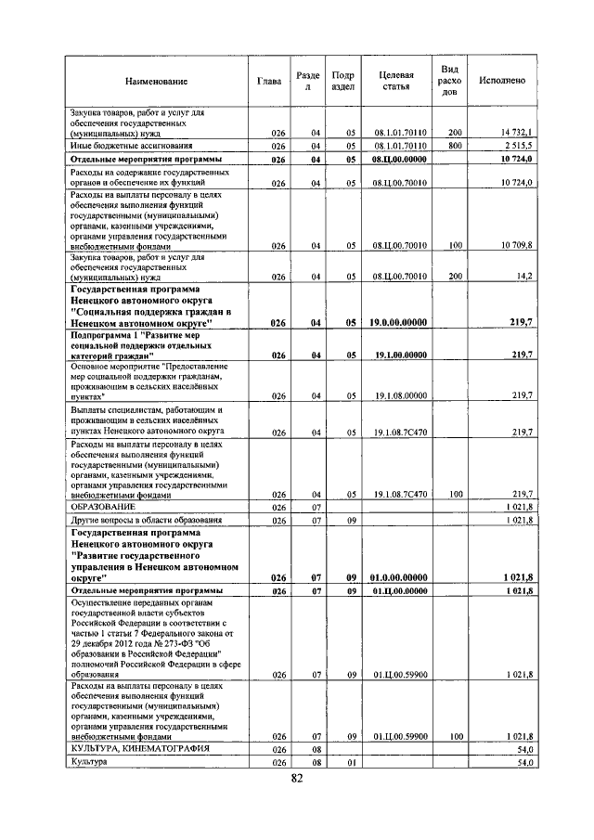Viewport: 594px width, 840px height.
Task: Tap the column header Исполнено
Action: (x=502, y=81)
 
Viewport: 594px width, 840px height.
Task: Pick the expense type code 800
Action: (x=454, y=146)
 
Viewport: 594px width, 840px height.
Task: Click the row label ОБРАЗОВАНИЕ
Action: (x=103, y=508)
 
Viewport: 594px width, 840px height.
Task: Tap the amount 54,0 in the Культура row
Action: (x=525, y=762)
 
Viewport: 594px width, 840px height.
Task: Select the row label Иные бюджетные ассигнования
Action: (x=131, y=146)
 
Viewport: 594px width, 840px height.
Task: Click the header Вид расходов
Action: (x=449, y=81)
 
